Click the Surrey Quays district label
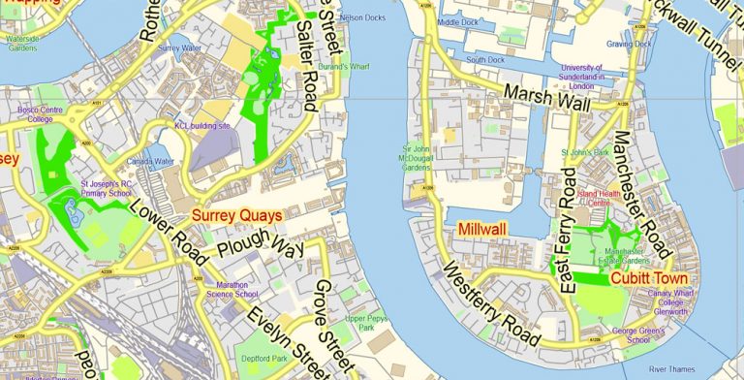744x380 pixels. [236, 215]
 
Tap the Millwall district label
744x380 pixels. [482, 229]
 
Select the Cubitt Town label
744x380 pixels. [649, 278]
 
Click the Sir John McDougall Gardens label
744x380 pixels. [416, 158]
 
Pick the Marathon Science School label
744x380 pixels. [232, 288]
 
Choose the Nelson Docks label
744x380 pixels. [363, 17]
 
